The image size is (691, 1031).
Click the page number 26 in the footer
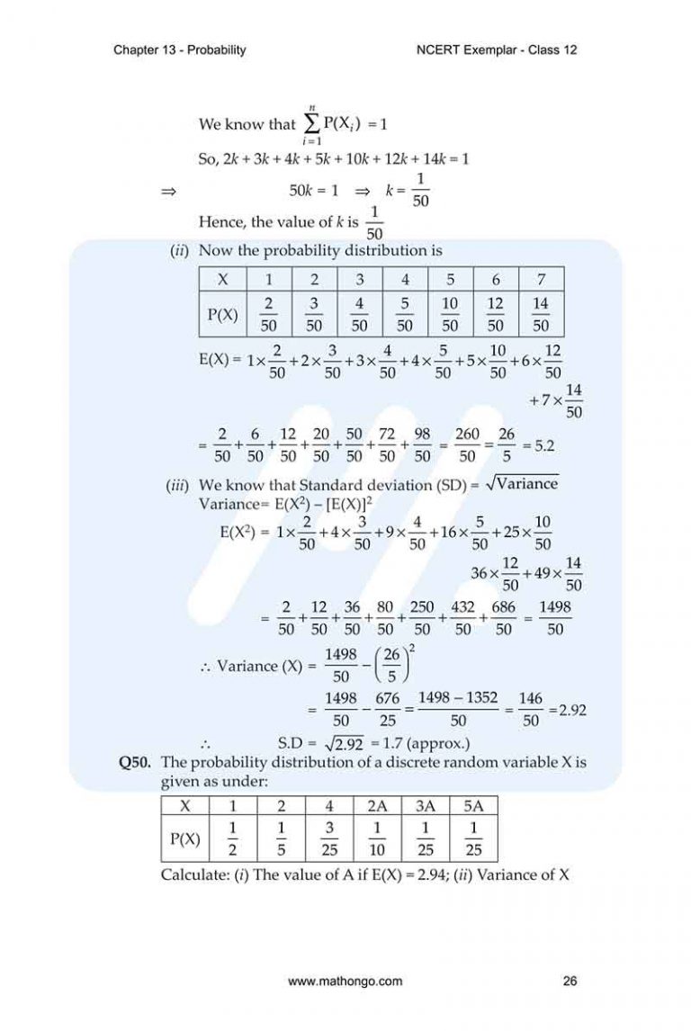(x=569, y=982)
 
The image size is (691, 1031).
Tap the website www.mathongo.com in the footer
(x=345, y=982)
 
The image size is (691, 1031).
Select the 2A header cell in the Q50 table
(x=375, y=804)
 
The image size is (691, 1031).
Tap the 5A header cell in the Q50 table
(x=473, y=804)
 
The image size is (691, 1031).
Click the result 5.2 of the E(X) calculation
(x=543, y=444)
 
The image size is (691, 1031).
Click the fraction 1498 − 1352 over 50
(x=458, y=709)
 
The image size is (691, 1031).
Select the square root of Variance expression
(x=522, y=485)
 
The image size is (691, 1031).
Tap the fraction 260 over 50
(x=467, y=444)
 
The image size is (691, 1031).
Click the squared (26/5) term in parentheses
(x=389, y=667)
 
